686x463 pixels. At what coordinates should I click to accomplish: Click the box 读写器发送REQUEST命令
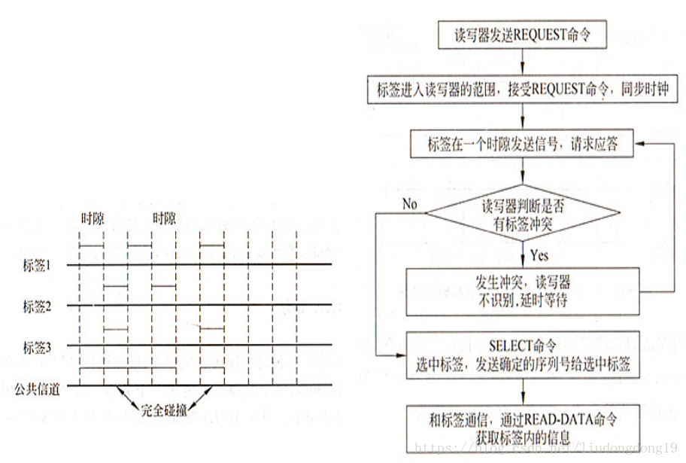522,35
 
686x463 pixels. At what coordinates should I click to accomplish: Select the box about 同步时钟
522,90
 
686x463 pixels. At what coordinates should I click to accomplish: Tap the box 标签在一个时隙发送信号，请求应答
522,144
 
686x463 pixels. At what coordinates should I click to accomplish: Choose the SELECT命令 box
522,355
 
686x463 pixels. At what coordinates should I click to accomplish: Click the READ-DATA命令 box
522,426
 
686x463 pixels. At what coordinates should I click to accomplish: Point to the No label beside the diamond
409,204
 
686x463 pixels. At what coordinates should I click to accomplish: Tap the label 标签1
37,265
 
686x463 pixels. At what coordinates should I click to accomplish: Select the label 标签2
37,306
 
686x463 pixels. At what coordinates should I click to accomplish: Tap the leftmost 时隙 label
93,218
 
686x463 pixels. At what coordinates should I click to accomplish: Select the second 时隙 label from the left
163,218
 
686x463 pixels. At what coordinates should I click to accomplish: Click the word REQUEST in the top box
543,35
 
